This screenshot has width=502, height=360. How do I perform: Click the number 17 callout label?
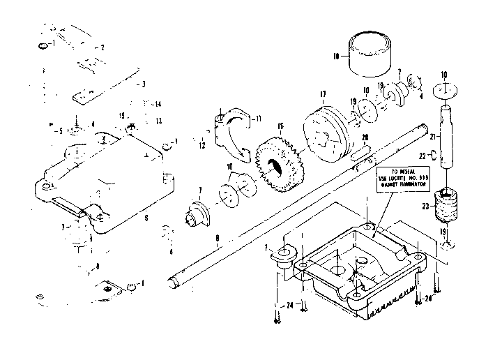pos(323,94)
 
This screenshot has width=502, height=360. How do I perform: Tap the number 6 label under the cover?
pos(146,218)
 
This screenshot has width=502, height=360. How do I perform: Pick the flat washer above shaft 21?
pos(445,91)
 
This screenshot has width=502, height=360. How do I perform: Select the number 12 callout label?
pos(202,147)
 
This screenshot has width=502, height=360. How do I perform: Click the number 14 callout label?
pos(158,104)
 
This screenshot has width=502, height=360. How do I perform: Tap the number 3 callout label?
pos(143,84)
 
